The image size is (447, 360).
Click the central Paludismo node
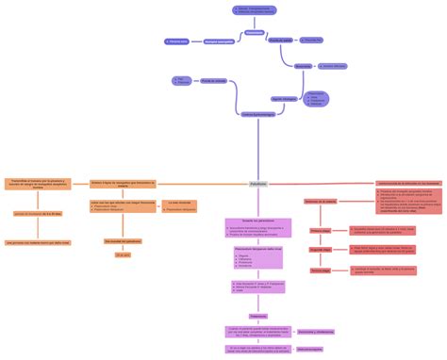click(258, 184)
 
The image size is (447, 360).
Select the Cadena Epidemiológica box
click(258, 115)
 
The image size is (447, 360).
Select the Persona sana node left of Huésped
click(176, 41)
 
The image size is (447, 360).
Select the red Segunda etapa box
click(321, 250)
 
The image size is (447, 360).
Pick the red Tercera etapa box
click(321, 270)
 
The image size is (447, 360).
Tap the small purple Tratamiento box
click(258, 317)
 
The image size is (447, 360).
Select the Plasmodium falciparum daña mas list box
click(258, 257)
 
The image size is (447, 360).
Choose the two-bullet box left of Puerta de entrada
click(182, 82)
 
